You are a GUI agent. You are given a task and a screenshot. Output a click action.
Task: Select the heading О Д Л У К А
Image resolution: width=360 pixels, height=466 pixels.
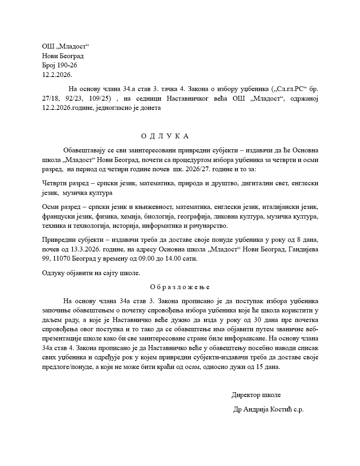pyautogui.click(x=165, y=136)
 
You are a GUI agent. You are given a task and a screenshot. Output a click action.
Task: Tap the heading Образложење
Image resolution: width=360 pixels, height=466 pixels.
pyautogui.click(x=180, y=287)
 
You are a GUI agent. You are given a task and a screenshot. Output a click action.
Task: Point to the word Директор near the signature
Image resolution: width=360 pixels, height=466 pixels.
pyautogui.click(x=245, y=395)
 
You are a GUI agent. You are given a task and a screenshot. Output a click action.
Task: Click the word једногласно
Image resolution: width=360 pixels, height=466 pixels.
pyautogui.click(x=115, y=108)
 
